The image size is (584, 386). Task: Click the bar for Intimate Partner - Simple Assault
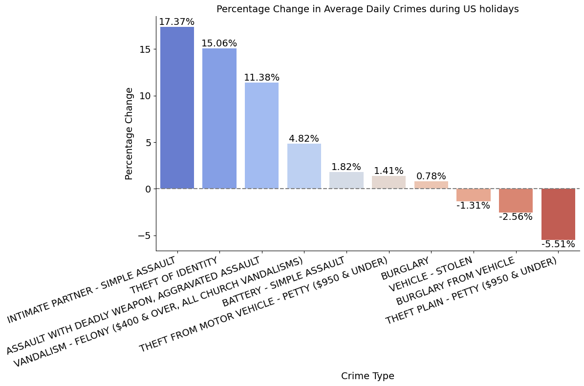177,107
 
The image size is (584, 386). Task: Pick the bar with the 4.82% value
304,166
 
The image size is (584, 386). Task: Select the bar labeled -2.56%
516,200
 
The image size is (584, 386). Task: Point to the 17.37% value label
176,22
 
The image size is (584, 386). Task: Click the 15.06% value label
219,43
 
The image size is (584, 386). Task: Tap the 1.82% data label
346,167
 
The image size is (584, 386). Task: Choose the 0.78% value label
431,176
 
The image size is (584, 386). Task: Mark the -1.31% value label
473,206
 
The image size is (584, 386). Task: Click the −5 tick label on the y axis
144,236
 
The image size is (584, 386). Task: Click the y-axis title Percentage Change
129,133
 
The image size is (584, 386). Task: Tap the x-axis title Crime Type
368,376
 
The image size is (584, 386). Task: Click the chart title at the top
368,9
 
